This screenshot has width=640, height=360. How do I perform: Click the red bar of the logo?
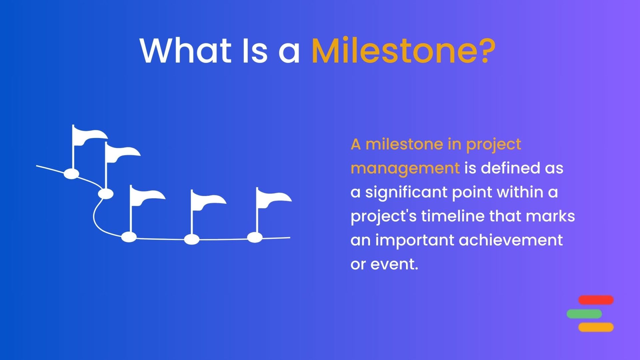coord(596,300)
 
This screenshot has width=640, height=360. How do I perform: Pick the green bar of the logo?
coord(584,314)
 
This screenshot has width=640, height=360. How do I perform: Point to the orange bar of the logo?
coord(596,327)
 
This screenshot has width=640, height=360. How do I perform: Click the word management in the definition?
coord(405,169)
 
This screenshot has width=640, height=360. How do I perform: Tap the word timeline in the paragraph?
coord(453,216)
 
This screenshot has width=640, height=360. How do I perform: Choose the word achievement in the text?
coord(511,240)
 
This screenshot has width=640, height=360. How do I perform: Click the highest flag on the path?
coord(89,137)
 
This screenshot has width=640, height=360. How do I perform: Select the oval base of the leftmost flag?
coord(71,174)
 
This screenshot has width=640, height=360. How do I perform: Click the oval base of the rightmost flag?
coord(255,237)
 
